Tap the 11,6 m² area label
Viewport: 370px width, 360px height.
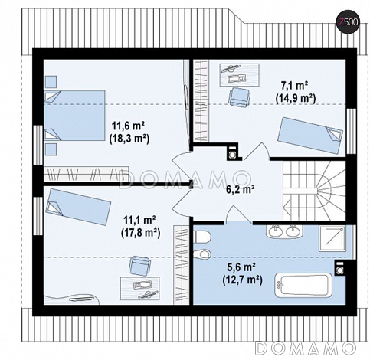pyautogui.click(x=129, y=126)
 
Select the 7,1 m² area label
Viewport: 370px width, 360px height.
pyautogui.click(x=294, y=86)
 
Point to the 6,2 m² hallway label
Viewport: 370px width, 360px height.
pyautogui.click(x=241, y=189)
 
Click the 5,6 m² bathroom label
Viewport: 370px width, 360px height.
pyautogui.click(x=241, y=267)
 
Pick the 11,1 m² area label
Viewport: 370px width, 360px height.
pyautogui.click(x=139, y=220)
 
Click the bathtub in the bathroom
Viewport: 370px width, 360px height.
pyautogui.click(x=303, y=286)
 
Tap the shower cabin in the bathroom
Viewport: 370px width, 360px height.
pyautogui.click(x=332, y=238)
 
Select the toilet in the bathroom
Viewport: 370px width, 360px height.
pyautogui.click(x=202, y=237)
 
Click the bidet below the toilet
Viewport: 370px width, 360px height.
pyautogui.click(x=202, y=254)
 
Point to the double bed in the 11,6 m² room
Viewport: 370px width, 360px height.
pyautogui.click(x=74, y=115)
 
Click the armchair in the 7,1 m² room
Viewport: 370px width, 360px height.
pyautogui.click(x=240, y=97)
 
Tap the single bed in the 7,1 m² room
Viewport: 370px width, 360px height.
pyautogui.click(x=310, y=135)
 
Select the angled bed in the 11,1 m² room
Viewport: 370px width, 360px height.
pyautogui.click(x=78, y=207)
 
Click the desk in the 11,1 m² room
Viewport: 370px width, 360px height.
pyautogui.click(x=139, y=288)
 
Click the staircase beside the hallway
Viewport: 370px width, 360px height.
pyautogui.click(x=314, y=191)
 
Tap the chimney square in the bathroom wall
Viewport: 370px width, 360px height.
pyautogui.click(x=340, y=268)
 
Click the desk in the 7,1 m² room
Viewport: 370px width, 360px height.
pyautogui.click(x=240, y=75)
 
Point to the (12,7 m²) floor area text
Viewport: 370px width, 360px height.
pyautogui.click(x=242, y=280)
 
